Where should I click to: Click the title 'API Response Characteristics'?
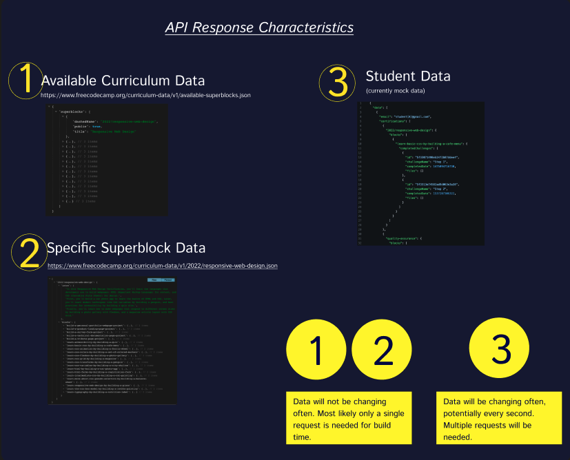[x=259, y=28]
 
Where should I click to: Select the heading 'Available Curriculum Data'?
[x=123, y=81]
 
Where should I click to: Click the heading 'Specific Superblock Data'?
[x=125, y=248]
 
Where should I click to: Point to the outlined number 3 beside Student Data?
[x=338, y=83]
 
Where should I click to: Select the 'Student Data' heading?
[x=408, y=76]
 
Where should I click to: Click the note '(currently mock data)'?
[x=395, y=91]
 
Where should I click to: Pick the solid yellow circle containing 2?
[x=383, y=352]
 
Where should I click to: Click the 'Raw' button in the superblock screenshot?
[x=154, y=280]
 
